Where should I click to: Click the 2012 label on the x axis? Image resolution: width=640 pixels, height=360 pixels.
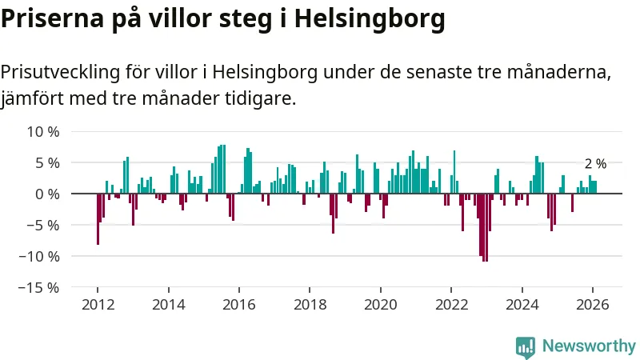click(98, 304)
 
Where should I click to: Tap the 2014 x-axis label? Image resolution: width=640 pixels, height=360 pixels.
click(168, 304)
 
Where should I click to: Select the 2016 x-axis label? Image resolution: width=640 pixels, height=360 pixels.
click(239, 304)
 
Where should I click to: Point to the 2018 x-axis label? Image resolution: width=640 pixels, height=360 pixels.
click(310, 304)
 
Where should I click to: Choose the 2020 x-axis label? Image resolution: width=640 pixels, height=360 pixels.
click(381, 304)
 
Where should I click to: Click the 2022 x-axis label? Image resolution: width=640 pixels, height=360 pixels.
click(451, 304)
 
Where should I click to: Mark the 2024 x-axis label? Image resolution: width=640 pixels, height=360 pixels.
click(522, 304)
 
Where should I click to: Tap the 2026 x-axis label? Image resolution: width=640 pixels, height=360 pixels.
click(593, 304)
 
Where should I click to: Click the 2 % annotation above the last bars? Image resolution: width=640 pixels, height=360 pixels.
click(595, 164)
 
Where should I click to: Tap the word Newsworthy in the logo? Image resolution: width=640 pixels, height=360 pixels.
click(589, 346)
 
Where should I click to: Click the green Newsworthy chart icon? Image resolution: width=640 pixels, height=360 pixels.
click(526, 346)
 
